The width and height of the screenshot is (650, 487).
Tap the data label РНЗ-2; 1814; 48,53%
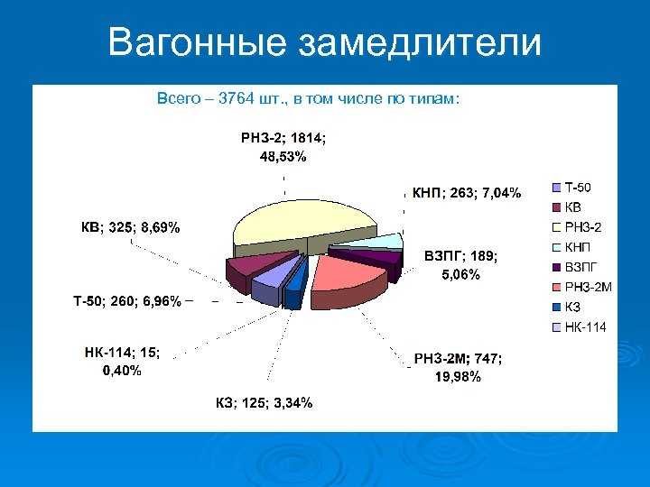tap(283, 147)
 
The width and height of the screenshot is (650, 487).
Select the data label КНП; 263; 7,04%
tap(466, 192)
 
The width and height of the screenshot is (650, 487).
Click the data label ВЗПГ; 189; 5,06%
tap(460, 265)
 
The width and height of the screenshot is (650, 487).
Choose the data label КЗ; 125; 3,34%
tap(264, 402)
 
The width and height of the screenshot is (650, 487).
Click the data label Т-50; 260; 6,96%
tap(126, 300)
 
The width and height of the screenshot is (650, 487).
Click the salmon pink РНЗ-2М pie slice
tap(343, 275)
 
